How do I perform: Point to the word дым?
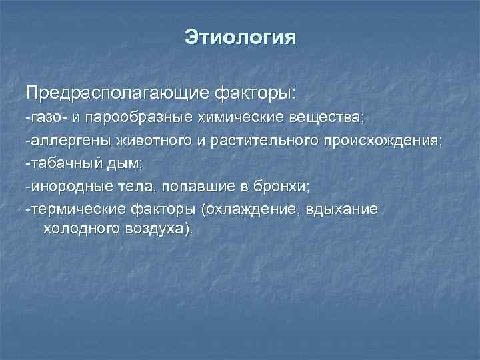point(121,164)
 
